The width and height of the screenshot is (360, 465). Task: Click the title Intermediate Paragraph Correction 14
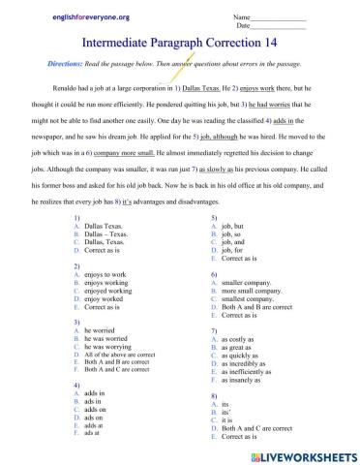click(179, 43)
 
